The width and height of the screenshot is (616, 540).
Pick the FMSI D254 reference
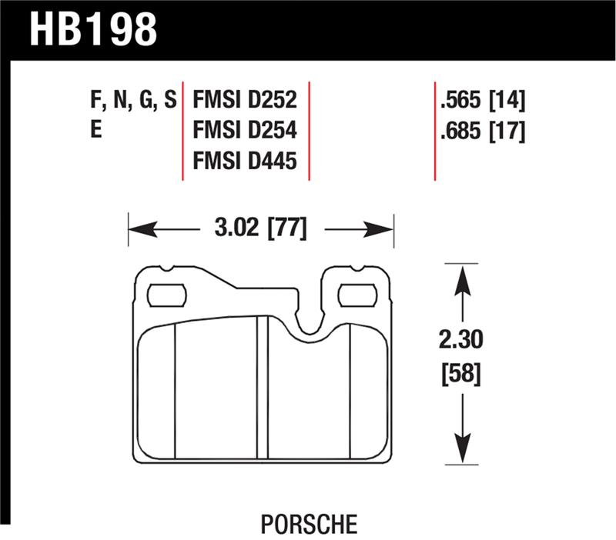[x=245, y=131]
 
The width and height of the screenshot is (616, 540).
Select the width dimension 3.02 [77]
[x=260, y=228]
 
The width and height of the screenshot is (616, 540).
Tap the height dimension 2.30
[x=460, y=338]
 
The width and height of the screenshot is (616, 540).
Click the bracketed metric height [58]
[x=460, y=375]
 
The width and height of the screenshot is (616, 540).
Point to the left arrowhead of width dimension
[x=139, y=229]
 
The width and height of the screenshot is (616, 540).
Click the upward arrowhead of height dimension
[x=460, y=277]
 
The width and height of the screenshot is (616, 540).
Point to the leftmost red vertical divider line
[x=182, y=131]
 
